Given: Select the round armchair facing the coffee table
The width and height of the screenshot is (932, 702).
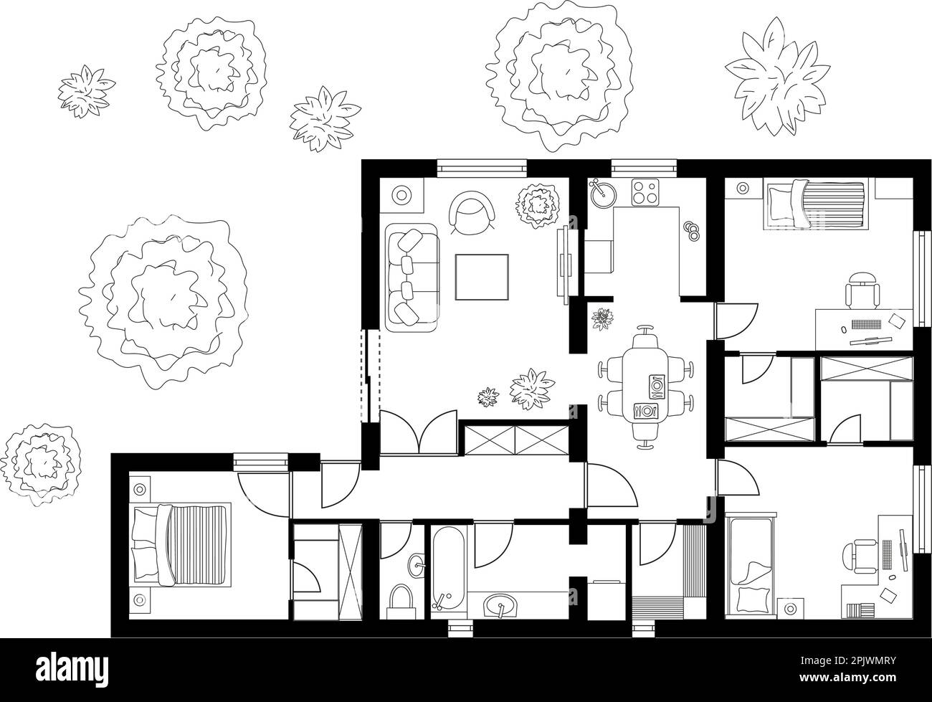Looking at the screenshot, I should click(471, 212).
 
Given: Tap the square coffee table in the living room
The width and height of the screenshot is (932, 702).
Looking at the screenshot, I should click(482, 278).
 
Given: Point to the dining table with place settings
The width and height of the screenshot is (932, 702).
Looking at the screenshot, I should click(649, 388).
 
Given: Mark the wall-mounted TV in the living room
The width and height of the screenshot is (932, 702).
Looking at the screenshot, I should click(564, 262).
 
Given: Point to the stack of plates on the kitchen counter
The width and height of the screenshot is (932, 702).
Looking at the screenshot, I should click(693, 229).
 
